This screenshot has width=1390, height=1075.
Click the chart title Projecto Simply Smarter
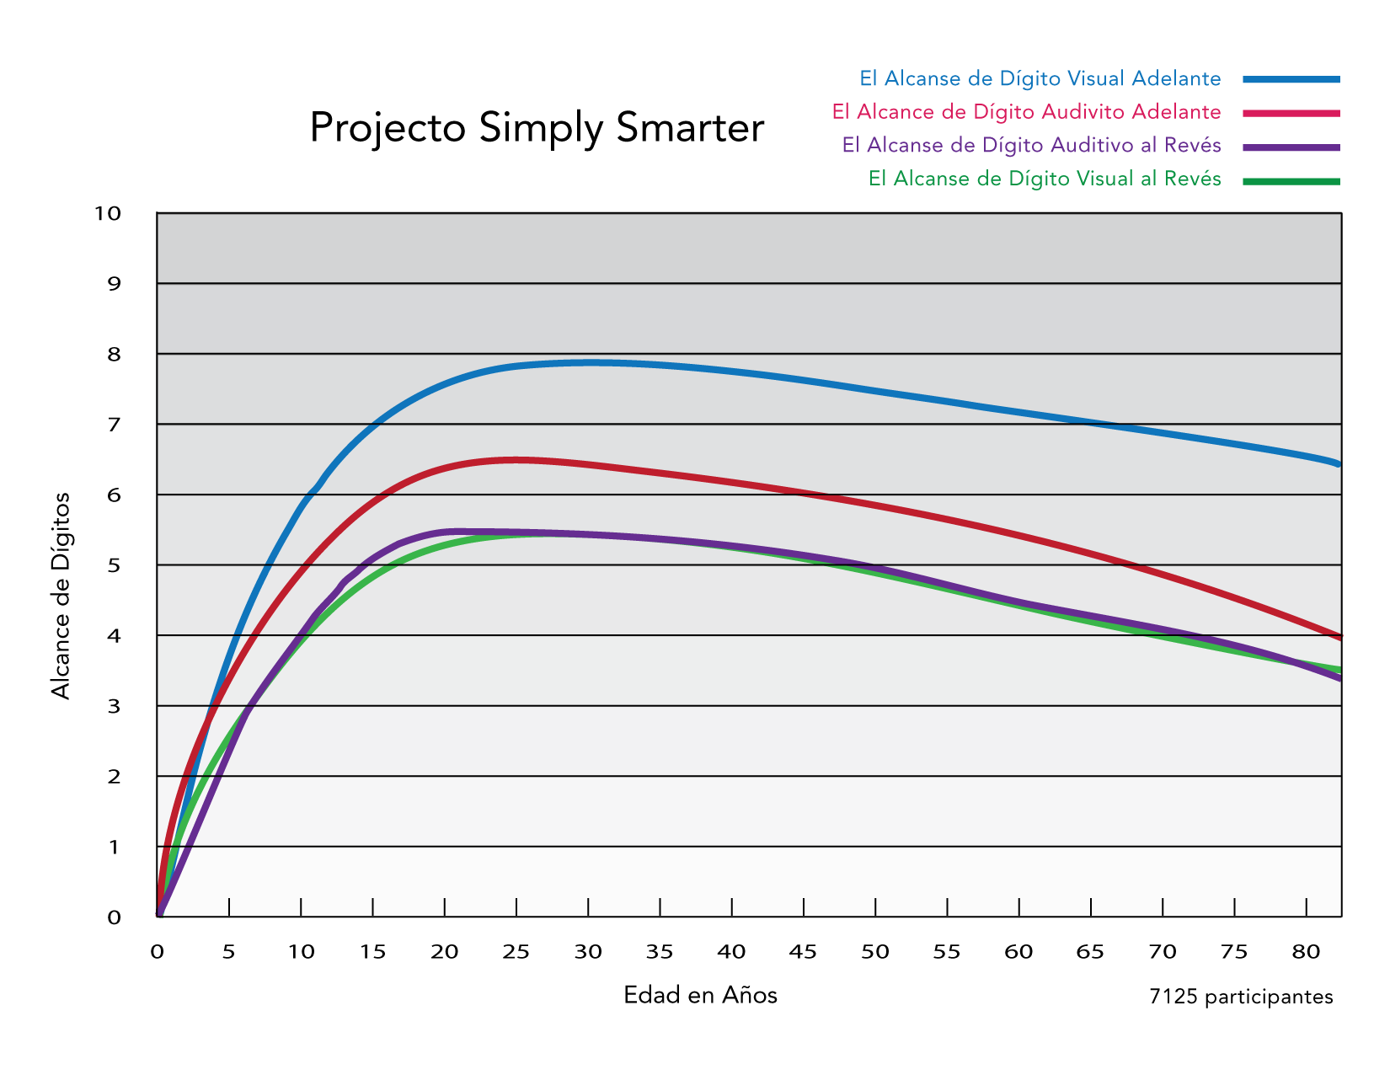point(537,128)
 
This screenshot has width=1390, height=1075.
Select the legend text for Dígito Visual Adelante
point(1040,78)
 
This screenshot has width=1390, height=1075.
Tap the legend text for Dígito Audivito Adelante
point(1026,112)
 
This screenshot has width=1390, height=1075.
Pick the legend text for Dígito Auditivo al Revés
point(1031,145)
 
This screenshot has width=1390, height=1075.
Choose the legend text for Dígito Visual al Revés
point(1045,179)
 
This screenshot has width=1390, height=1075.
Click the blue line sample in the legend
point(1291,79)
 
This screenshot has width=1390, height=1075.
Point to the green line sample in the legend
point(1291,181)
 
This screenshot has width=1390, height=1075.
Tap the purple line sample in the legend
point(1291,147)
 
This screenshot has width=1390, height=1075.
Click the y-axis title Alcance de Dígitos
point(61,596)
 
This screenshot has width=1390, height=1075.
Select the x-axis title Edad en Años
point(700,995)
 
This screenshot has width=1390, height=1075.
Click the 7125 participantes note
point(1241,997)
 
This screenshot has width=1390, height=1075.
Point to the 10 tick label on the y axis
point(108,213)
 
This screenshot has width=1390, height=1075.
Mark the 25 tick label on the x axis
point(516,952)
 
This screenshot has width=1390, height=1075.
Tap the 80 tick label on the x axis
point(1306,952)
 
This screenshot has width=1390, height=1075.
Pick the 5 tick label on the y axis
point(115,565)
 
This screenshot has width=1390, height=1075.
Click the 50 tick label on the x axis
point(875,952)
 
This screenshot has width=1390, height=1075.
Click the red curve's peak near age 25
point(516,459)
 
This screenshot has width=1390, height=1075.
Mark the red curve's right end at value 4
point(1338,636)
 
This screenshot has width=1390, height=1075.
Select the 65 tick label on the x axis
point(1090,952)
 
